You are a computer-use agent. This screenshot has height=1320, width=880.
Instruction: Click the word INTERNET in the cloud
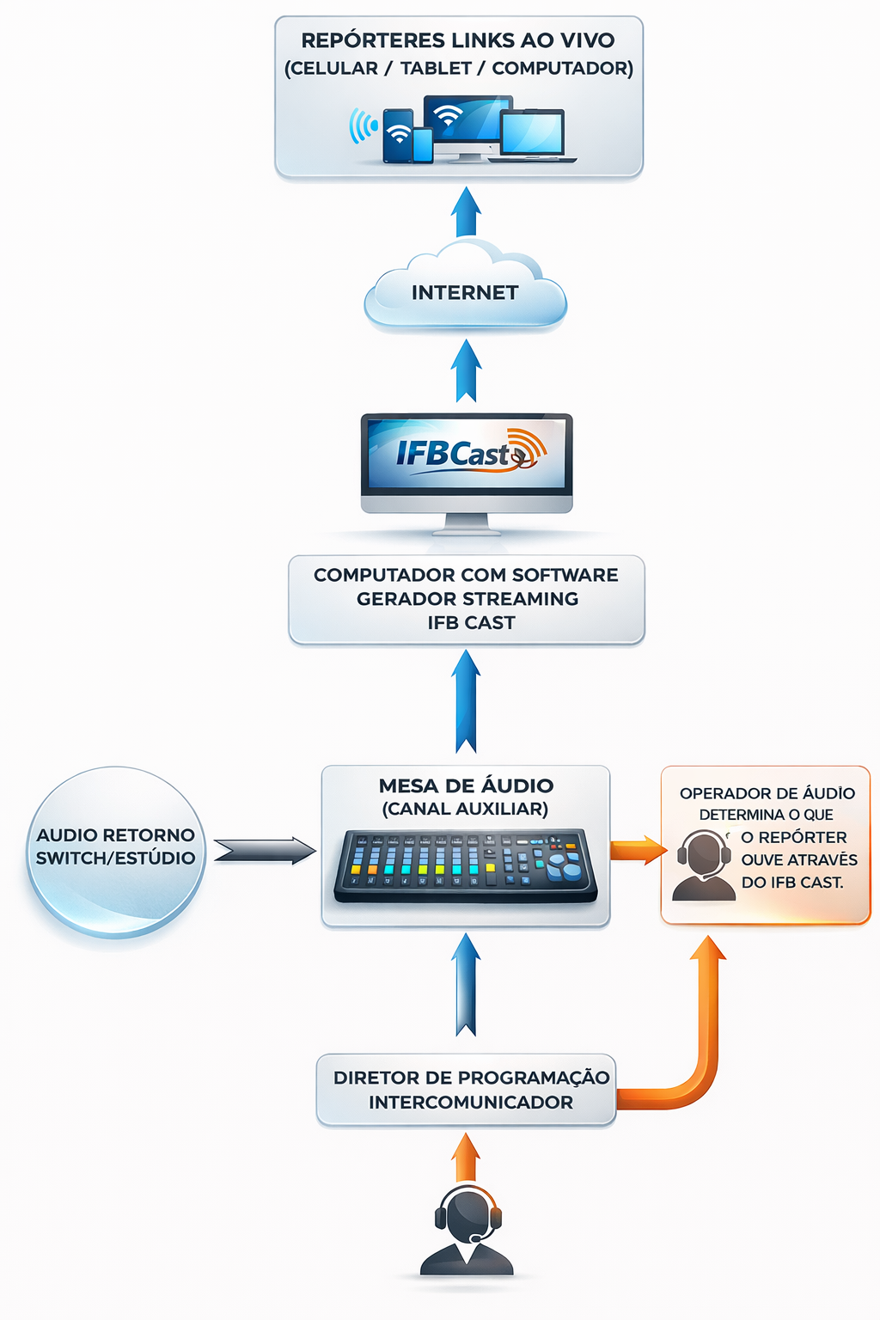[464, 293]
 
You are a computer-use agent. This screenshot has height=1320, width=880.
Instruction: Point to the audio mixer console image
[465, 866]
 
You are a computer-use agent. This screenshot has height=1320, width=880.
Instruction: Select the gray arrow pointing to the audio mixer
[265, 851]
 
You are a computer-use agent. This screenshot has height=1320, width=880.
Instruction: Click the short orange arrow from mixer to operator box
[638, 851]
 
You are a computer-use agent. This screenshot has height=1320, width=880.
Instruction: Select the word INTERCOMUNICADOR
[470, 1103]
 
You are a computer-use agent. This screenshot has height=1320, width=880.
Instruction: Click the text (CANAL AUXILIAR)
[465, 810]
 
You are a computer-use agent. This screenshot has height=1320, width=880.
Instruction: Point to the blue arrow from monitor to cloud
[466, 370]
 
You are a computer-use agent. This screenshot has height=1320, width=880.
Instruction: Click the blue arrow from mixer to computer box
[466, 701]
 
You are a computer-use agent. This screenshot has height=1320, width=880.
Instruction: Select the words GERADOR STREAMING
[467, 599]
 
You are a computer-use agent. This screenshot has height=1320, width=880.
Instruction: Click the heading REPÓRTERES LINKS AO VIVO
[458, 40]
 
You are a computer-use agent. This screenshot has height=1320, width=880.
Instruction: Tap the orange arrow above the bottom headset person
[466, 1157]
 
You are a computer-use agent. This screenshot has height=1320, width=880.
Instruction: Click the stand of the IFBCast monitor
[467, 524]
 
